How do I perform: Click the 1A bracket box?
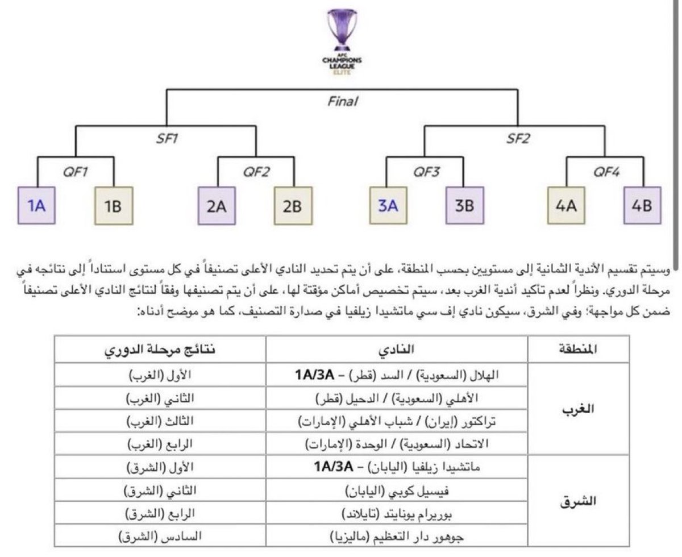pyautogui.click(x=36, y=205)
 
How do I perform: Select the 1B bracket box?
pyautogui.click(x=113, y=205)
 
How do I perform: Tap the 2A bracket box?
pyautogui.click(x=217, y=205)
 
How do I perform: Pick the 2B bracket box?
pyautogui.click(x=293, y=205)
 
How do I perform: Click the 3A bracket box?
pyautogui.click(x=388, y=205)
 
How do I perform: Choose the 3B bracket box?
pyautogui.click(x=464, y=205)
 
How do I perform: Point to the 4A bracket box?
pyautogui.click(x=566, y=205)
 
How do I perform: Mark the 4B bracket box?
pyautogui.click(x=642, y=205)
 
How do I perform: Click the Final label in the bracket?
pyautogui.click(x=343, y=102)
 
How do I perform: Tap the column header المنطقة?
pyautogui.click(x=578, y=349)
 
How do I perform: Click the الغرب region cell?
pyautogui.click(x=578, y=409)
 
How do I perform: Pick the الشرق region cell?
pyautogui.click(x=578, y=501)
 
